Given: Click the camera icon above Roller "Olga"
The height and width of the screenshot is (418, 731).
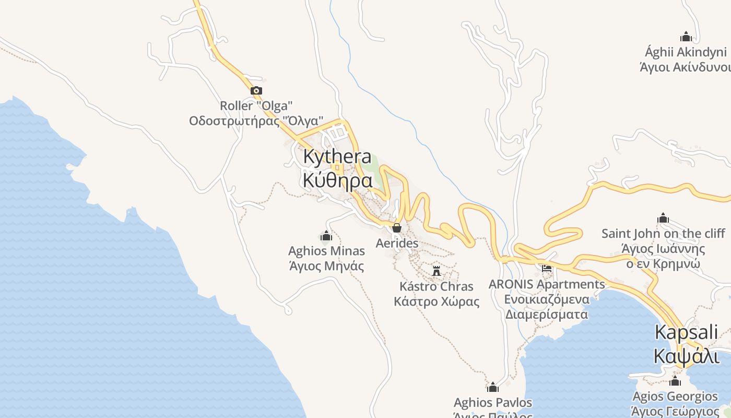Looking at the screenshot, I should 256,91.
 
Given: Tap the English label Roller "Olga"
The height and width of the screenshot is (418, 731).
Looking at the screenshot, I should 256,106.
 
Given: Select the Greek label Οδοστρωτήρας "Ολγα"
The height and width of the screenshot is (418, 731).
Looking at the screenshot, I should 256,121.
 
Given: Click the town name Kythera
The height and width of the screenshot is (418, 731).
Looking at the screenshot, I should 337,156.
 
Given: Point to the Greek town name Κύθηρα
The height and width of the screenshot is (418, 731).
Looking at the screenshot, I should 337,180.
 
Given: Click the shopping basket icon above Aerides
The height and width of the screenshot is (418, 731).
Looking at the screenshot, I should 397,228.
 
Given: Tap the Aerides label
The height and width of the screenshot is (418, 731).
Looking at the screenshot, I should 397,243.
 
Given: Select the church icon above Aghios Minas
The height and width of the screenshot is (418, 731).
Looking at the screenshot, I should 326,236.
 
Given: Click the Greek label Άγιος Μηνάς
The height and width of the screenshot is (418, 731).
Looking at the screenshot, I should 326,266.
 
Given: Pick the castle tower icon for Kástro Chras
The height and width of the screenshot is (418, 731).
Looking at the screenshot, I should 437,271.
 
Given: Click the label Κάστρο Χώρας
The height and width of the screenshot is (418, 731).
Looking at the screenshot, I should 437,301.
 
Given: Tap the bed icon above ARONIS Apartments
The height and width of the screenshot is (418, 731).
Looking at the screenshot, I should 547,269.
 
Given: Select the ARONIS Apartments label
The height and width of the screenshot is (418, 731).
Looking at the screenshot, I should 547,284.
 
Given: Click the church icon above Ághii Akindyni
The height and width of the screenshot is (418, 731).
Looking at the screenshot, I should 686,37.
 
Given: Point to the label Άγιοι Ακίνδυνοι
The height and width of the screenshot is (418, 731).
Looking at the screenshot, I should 685,67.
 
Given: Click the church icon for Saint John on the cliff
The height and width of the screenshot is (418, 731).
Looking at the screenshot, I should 663,218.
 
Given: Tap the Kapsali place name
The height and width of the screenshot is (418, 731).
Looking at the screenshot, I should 686,332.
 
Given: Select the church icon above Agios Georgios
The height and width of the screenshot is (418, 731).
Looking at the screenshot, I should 675,381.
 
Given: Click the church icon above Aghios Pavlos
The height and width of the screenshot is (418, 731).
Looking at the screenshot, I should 492,387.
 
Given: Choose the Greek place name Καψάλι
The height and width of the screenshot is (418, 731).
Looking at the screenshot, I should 686,356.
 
